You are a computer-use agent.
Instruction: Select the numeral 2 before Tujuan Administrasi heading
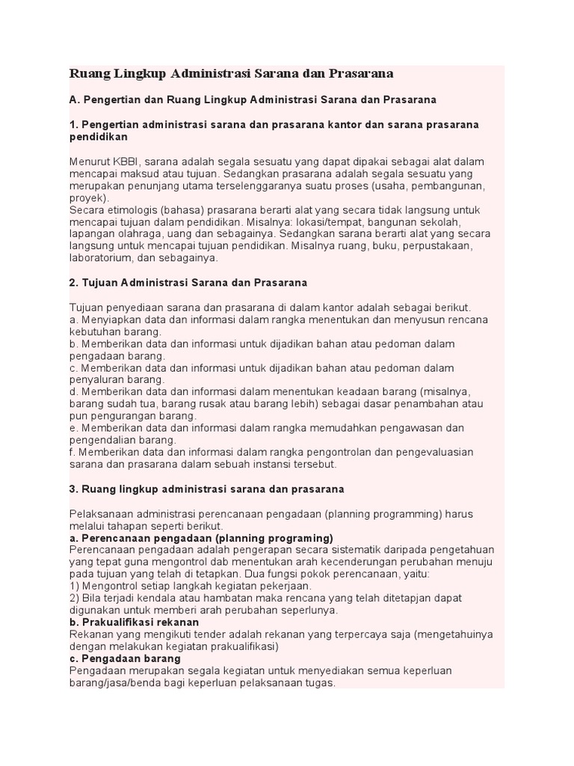[72, 283]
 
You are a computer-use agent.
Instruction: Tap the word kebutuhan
[96, 331]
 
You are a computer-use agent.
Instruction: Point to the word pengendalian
[104, 441]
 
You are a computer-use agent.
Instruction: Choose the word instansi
[277, 465]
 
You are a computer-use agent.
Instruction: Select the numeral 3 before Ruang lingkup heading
[72, 489]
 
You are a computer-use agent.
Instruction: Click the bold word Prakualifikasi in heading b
[116, 622]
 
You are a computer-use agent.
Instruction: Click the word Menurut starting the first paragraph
[88, 162]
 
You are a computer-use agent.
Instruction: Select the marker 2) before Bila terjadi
[73, 598]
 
